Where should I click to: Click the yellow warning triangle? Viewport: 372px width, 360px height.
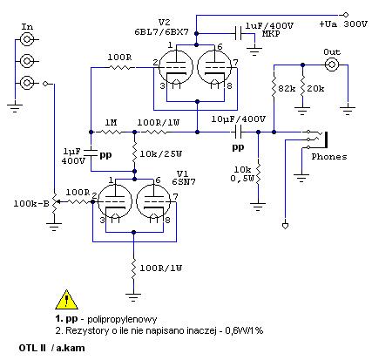[x=67, y=300]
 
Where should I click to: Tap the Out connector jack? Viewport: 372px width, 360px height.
[x=331, y=65]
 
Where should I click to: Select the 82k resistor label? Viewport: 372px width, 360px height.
[x=287, y=88]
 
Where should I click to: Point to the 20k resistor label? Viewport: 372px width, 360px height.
[x=315, y=88]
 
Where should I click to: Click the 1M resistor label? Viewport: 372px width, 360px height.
[x=111, y=123]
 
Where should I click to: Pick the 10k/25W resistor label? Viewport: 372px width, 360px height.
[x=161, y=153]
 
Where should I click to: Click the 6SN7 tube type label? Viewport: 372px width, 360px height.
[x=184, y=182]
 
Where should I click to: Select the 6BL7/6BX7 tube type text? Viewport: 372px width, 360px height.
[x=161, y=31]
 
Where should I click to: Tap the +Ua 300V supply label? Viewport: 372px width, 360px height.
[x=343, y=24]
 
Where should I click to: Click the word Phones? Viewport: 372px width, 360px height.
[x=329, y=157]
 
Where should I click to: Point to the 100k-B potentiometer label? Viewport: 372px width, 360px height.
[x=31, y=204]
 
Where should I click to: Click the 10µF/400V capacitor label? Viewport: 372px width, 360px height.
[x=239, y=119]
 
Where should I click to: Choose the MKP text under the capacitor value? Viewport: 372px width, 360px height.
[x=271, y=34]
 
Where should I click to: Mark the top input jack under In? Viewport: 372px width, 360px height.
[x=27, y=39]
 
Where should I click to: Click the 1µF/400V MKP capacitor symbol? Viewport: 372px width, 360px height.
[x=240, y=33]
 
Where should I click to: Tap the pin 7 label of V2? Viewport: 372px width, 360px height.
[x=235, y=62]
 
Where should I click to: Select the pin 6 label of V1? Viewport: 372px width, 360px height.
[x=158, y=180]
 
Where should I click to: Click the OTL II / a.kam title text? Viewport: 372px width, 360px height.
[x=51, y=348]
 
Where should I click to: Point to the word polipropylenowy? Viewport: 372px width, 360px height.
[x=122, y=319]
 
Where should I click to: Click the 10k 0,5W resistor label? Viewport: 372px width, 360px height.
[x=242, y=173]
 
